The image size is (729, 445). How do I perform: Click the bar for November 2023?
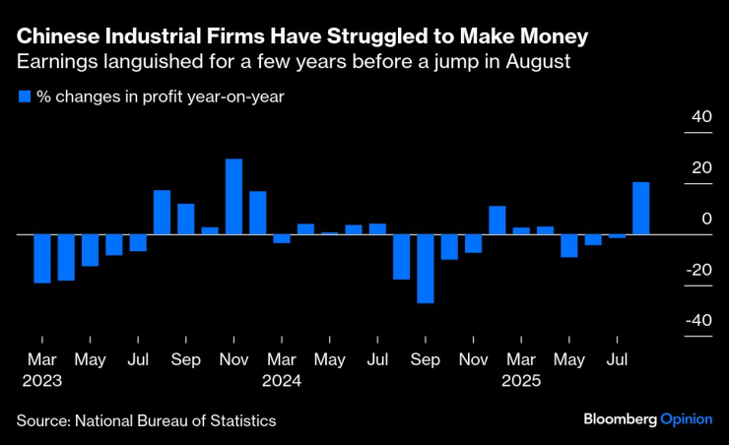233,197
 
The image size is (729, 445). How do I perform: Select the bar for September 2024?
425,268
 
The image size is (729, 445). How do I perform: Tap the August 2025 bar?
640,209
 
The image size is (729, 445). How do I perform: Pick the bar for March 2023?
41,258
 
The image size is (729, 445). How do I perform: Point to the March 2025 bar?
521,230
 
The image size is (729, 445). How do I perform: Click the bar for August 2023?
162,212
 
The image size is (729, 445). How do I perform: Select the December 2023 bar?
257,213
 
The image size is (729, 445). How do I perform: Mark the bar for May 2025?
568,245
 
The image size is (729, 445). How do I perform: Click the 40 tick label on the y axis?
700,117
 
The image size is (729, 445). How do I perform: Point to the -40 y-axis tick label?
697,320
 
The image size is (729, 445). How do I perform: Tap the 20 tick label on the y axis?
700,167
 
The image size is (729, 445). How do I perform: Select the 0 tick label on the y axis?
705,219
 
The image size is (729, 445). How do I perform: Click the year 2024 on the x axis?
282,379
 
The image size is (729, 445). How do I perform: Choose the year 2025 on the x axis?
522,379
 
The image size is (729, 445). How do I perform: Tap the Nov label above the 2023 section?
233,360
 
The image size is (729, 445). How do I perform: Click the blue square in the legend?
24,96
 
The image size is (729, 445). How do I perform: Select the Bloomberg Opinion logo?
647,418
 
